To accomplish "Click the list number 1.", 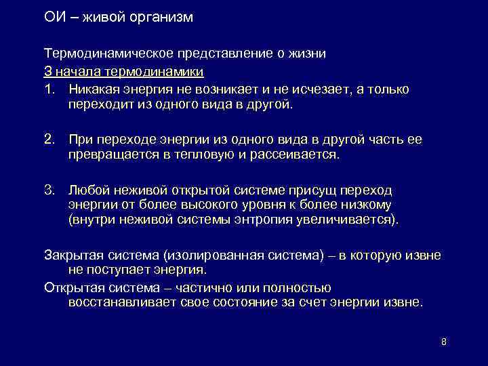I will click(49, 89).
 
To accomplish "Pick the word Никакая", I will click(94, 89).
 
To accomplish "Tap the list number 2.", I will click(49, 140).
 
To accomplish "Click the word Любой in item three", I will click(87, 190).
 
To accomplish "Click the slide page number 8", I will click(443, 341).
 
